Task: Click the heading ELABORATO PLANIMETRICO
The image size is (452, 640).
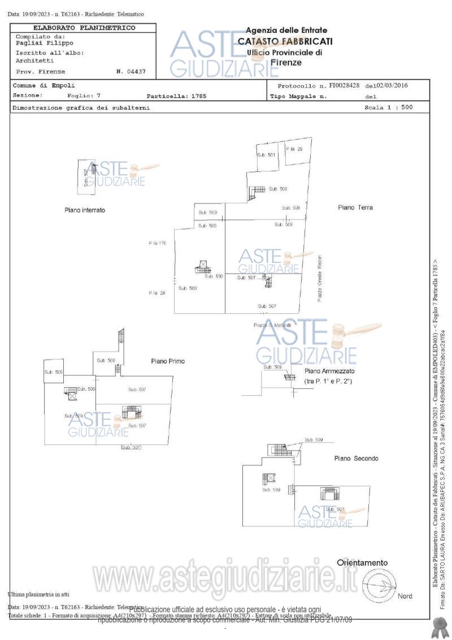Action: pos(84,27)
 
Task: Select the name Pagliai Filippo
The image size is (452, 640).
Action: pos(45,42)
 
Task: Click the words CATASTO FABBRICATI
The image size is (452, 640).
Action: pos(285,41)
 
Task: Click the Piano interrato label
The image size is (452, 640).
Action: pos(85,210)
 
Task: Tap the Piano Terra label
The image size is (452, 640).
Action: pos(355,207)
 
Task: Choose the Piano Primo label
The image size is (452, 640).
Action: pos(167,361)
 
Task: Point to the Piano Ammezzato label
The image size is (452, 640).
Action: pos(329,371)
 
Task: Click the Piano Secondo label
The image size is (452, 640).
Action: pos(356,458)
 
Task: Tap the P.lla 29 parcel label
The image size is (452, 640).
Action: pos(294,149)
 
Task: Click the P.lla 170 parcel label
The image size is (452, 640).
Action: pos(157,243)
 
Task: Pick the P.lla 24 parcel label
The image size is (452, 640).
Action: pos(157,293)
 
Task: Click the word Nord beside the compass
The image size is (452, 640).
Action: pos(405,596)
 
